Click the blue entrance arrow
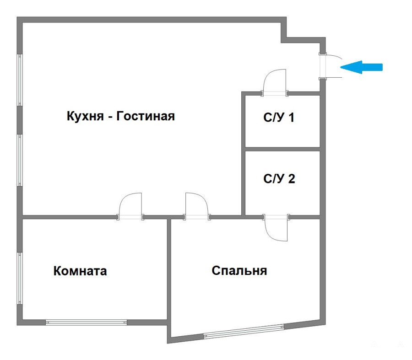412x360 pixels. (x=362, y=67)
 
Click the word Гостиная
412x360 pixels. (x=146, y=116)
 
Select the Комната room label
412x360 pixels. (x=80, y=271)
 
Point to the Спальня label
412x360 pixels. (x=239, y=271)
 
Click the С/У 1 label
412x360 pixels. (x=279, y=118)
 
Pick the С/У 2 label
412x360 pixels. (x=279, y=178)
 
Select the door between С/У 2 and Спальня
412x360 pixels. (x=276, y=226)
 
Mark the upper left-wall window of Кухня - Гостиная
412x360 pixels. (x=20, y=81)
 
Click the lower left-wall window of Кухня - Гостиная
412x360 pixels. (x=20, y=160)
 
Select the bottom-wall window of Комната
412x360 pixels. (x=86, y=322)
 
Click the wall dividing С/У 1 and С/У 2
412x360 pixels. (x=282, y=149)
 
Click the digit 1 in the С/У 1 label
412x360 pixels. (x=290, y=118)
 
